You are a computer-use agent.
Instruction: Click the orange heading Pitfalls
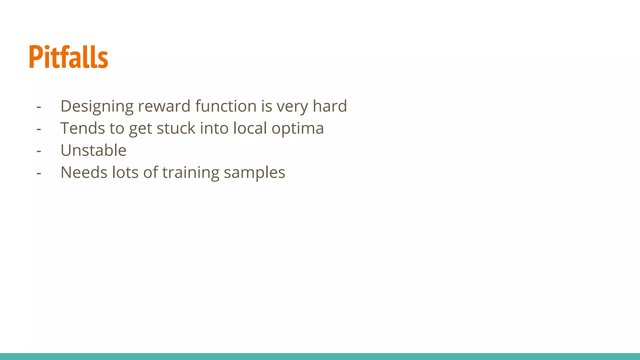[x=68, y=57]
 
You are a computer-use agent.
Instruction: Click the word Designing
[x=97, y=106]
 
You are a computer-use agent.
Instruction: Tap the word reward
[x=164, y=106]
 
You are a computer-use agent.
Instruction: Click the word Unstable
[x=93, y=150]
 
